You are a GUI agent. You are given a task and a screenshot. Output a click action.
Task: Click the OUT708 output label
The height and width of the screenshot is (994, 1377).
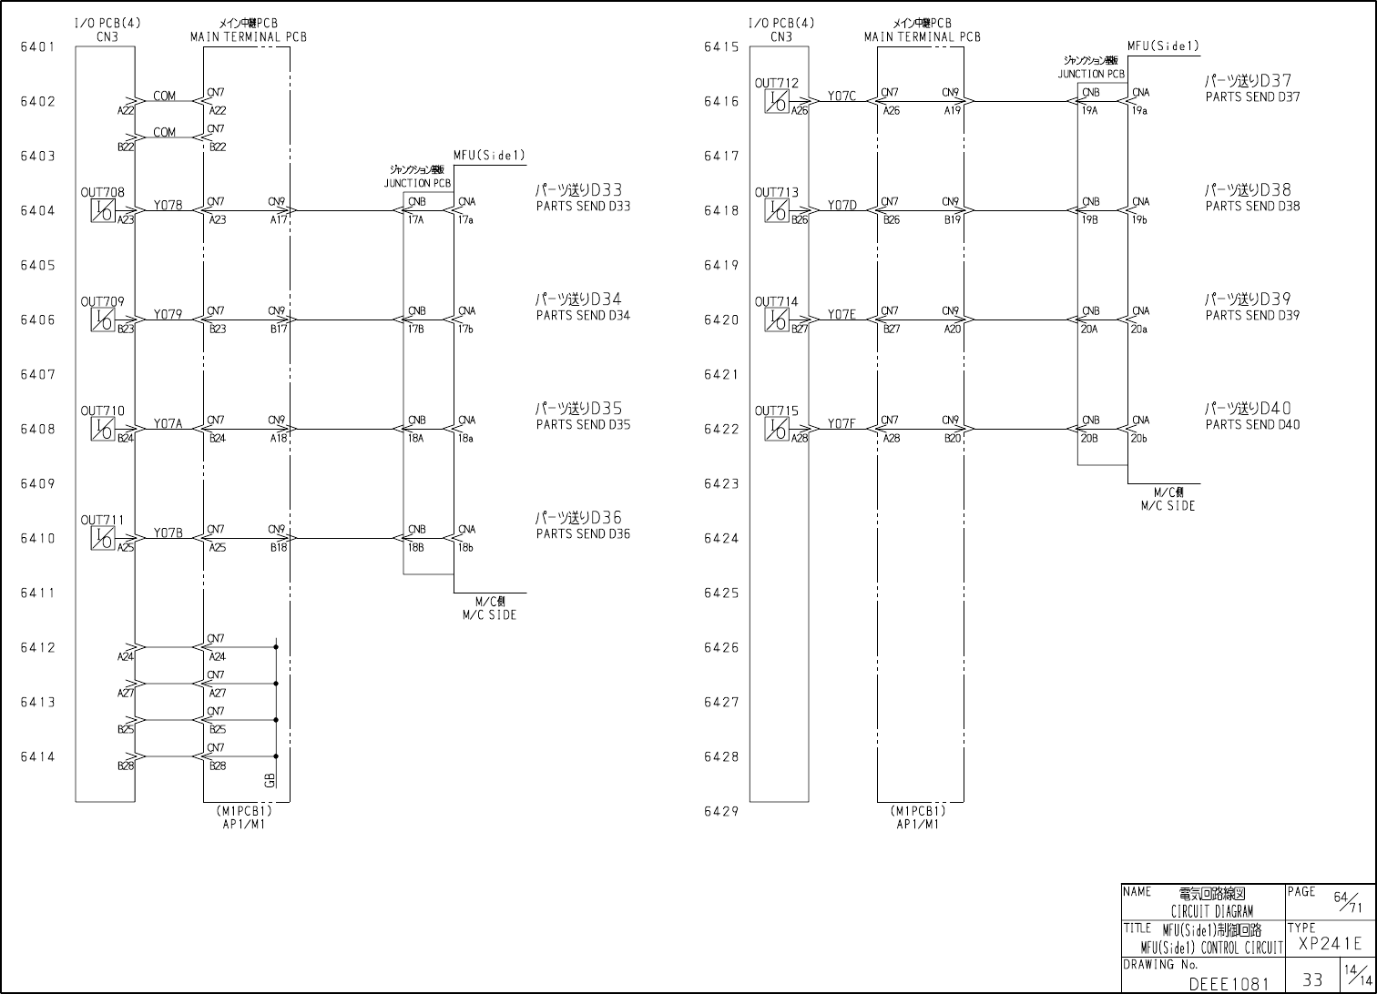(x=102, y=192)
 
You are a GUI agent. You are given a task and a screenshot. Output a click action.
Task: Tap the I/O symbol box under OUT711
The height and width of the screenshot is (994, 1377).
(x=103, y=538)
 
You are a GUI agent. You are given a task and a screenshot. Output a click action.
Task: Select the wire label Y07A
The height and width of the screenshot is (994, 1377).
(x=168, y=423)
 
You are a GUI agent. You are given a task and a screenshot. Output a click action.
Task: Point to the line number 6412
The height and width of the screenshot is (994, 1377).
(x=37, y=648)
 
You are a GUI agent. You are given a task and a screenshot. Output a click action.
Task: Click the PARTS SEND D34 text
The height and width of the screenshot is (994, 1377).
(x=583, y=316)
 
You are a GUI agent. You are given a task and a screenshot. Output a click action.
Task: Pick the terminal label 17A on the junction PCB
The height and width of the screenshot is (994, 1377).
(x=415, y=219)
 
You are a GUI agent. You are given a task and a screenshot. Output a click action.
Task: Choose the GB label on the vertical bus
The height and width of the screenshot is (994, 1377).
(x=270, y=779)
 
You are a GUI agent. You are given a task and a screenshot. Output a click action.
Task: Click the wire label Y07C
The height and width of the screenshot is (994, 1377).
(x=841, y=96)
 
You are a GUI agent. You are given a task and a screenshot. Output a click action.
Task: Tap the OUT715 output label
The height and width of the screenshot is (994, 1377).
(x=776, y=411)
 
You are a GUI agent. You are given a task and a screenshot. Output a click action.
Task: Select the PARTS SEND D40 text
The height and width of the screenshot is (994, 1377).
(x=1252, y=425)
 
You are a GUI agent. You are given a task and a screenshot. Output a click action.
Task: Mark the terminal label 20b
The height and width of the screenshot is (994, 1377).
(x=1138, y=438)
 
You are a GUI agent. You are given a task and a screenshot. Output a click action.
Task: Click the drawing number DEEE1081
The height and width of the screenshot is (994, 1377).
(x=1229, y=984)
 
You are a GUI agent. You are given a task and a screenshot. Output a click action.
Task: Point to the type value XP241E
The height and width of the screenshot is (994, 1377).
(x=1331, y=944)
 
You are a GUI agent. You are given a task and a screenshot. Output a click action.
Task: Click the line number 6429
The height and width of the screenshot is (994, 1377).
(x=720, y=812)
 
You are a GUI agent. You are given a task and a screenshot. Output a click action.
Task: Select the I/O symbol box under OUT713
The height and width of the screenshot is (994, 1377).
(x=777, y=210)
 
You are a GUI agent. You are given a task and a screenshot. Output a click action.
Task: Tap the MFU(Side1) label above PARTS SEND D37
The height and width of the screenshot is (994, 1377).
(x=1163, y=46)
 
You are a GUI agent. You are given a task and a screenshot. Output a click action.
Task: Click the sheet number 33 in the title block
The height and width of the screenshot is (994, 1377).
(x=1312, y=979)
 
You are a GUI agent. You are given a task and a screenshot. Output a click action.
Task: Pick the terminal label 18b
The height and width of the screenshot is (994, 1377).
(x=464, y=547)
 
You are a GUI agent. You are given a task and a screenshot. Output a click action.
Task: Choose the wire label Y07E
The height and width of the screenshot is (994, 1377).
(x=841, y=314)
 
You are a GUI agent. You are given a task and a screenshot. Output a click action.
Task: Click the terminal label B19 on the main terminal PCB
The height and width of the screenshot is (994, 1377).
(x=952, y=219)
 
